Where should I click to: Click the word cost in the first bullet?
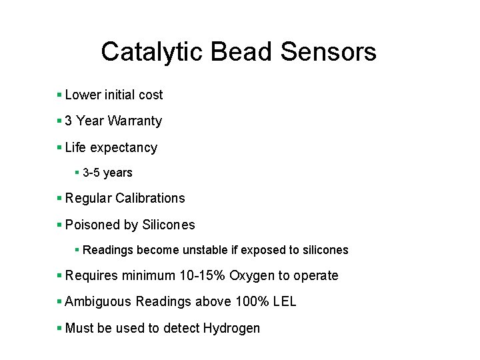click(x=151, y=95)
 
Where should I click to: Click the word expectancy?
click(x=124, y=148)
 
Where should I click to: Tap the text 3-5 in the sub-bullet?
click(x=91, y=173)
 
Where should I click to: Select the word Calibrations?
click(x=150, y=198)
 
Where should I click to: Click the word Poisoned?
click(x=91, y=225)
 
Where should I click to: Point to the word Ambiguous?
click(x=98, y=302)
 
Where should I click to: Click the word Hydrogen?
click(x=231, y=328)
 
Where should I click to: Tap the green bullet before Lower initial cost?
click(x=59, y=95)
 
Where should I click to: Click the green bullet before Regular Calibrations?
click(x=59, y=198)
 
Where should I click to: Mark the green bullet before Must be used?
click(x=59, y=328)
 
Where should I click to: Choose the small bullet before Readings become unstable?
click(x=77, y=250)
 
